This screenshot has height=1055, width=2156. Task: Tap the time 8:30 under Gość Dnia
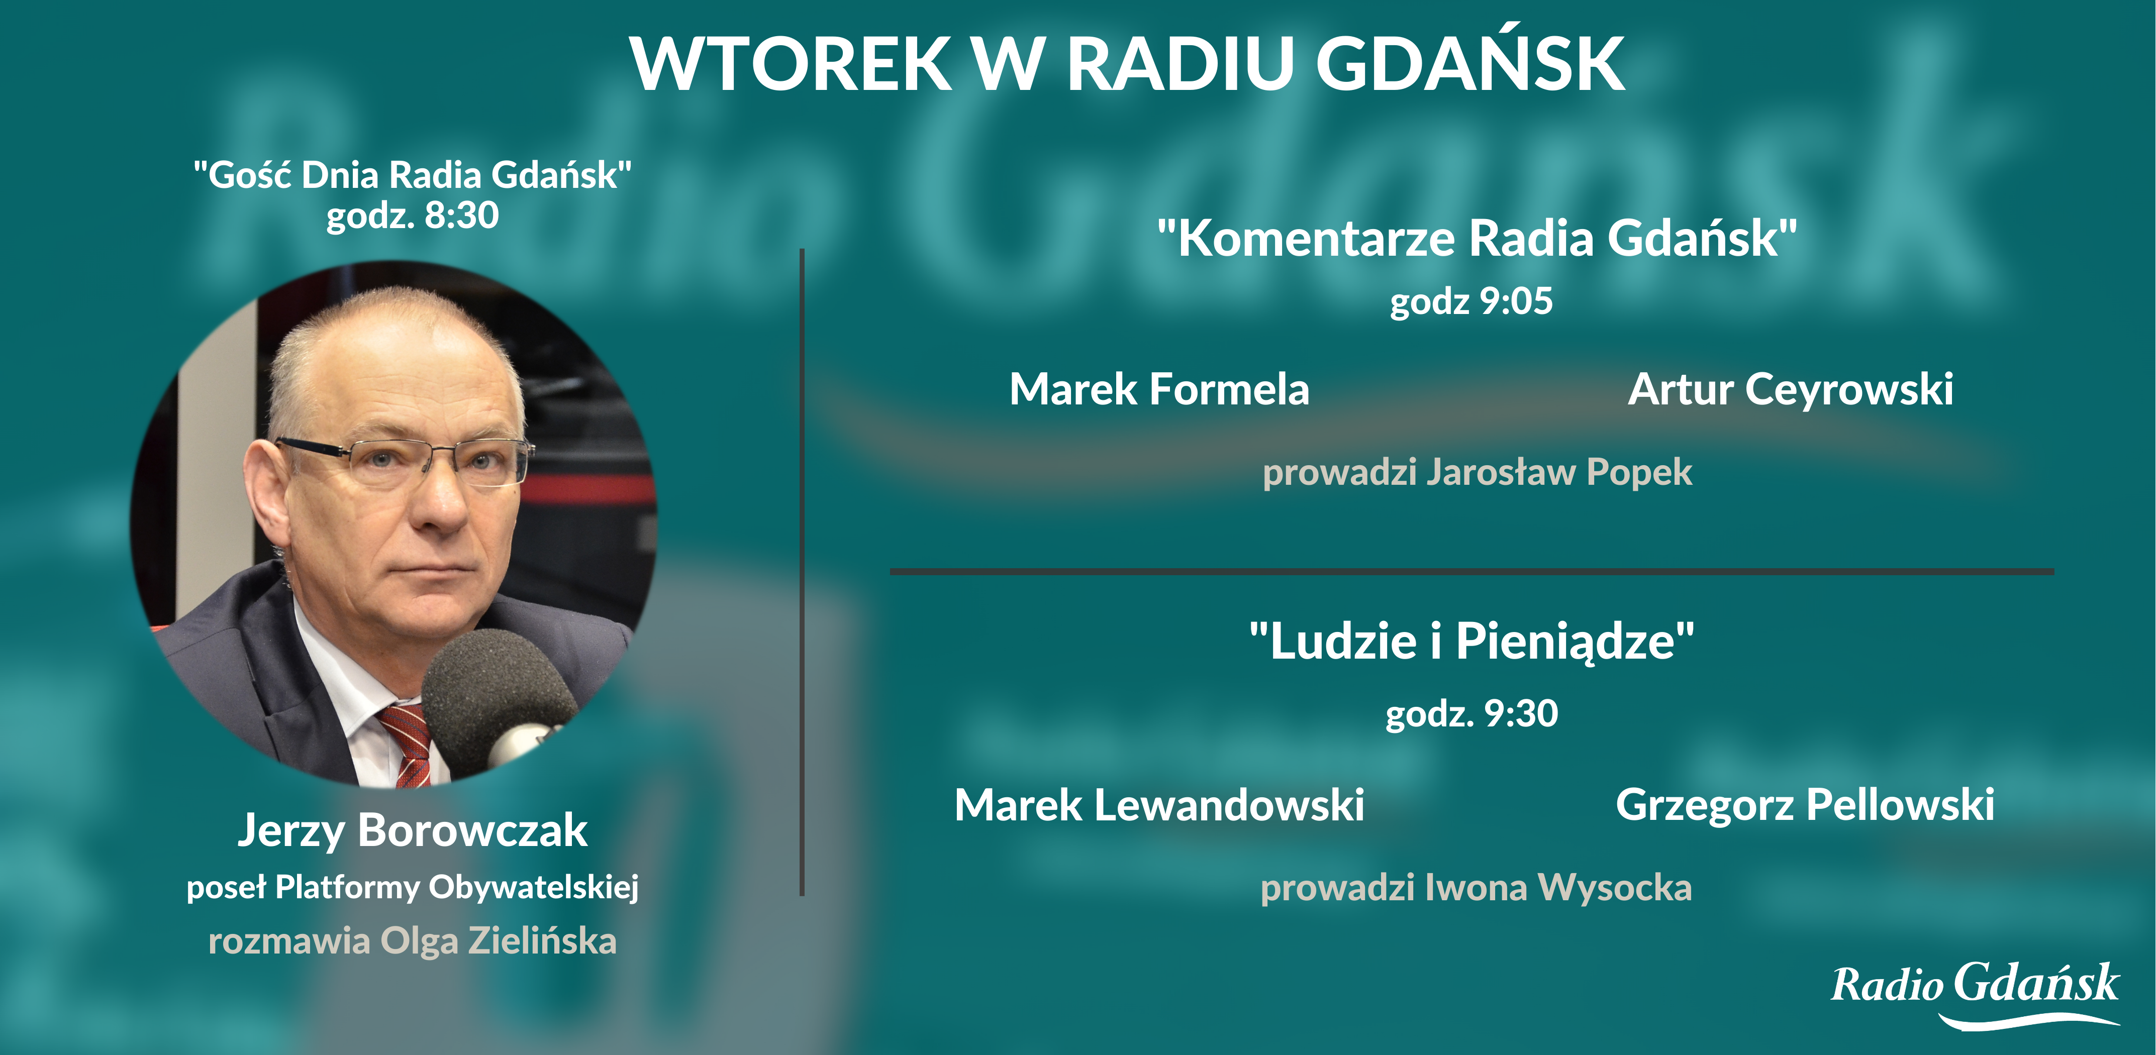(x=462, y=215)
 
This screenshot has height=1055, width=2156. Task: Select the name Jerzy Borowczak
(x=413, y=831)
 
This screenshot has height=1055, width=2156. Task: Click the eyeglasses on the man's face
(x=402, y=460)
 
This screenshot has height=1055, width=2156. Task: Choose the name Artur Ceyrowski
(x=1790, y=390)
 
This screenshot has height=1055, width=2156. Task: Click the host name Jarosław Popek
(x=1559, y=472)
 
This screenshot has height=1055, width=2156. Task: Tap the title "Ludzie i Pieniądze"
(x=1472, y=641)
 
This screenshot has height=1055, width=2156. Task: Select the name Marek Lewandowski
(x=1159, y=805)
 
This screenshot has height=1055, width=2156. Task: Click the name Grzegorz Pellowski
(x=1805, y=805)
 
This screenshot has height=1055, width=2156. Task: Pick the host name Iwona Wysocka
(x=1558, y=888)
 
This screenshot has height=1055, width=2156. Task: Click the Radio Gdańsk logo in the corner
(x=1975, y=994)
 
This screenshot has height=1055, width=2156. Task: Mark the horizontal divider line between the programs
(x=1472, y=571)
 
